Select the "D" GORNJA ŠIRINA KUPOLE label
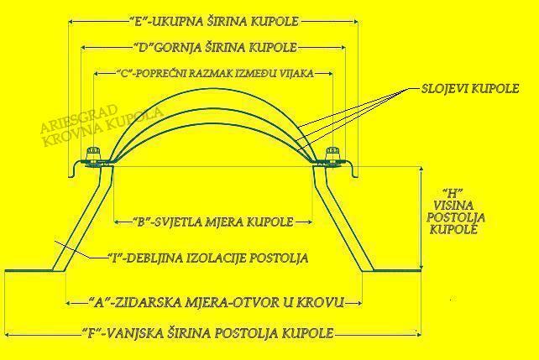point(214,47)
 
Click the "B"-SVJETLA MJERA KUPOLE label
point(202,222)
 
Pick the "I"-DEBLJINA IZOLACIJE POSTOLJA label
point(207,258)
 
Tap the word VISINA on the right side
point(456,204)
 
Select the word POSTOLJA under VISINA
point(457,217)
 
